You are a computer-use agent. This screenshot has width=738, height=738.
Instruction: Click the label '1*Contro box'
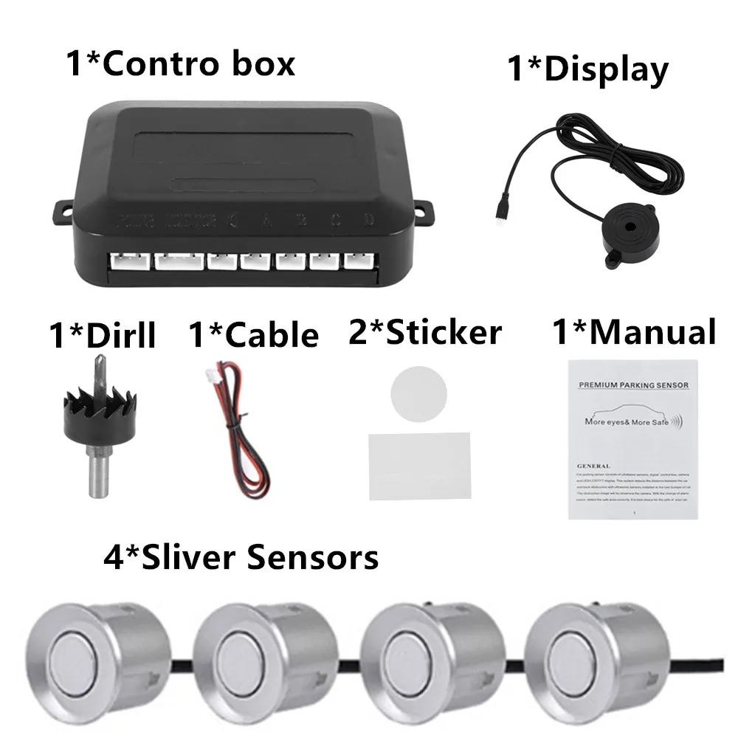[180, 63]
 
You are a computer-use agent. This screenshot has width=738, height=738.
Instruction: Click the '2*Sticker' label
[424, 332]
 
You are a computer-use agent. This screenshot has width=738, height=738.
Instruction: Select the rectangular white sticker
[419, 465]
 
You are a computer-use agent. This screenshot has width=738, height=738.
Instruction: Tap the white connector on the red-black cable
[213, 375]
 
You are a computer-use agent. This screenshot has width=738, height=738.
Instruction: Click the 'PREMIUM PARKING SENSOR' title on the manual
[633, 384]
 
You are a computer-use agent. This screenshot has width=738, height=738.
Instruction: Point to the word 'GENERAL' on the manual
[594, 466]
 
